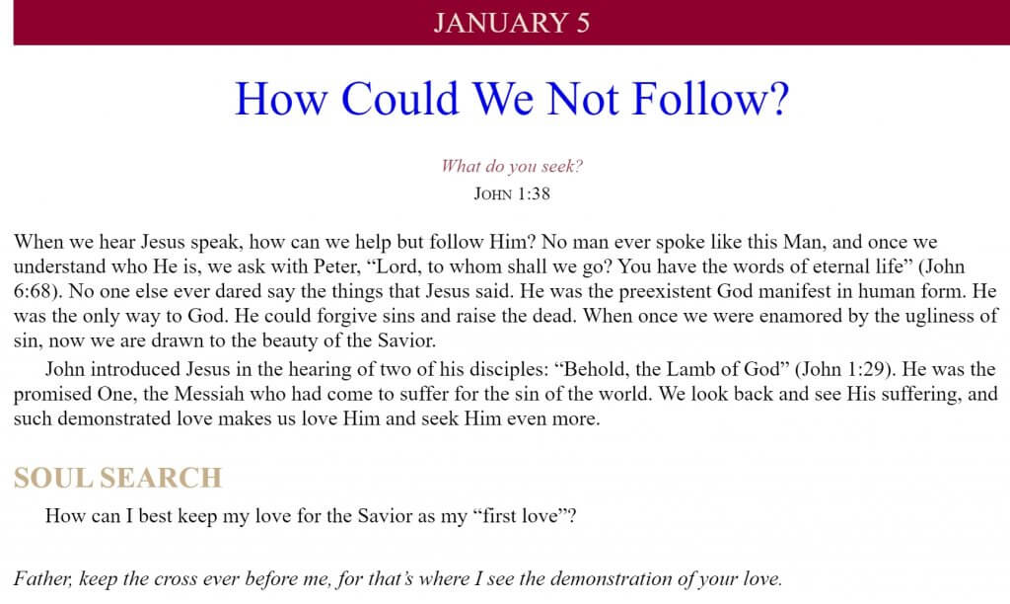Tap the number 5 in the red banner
[583, 24]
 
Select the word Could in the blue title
[400, 99]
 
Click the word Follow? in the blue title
[710, 99]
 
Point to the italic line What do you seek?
[512, 167]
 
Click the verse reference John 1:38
[512, 194]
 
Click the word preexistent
[666, 291]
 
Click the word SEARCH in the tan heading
[161, 478]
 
